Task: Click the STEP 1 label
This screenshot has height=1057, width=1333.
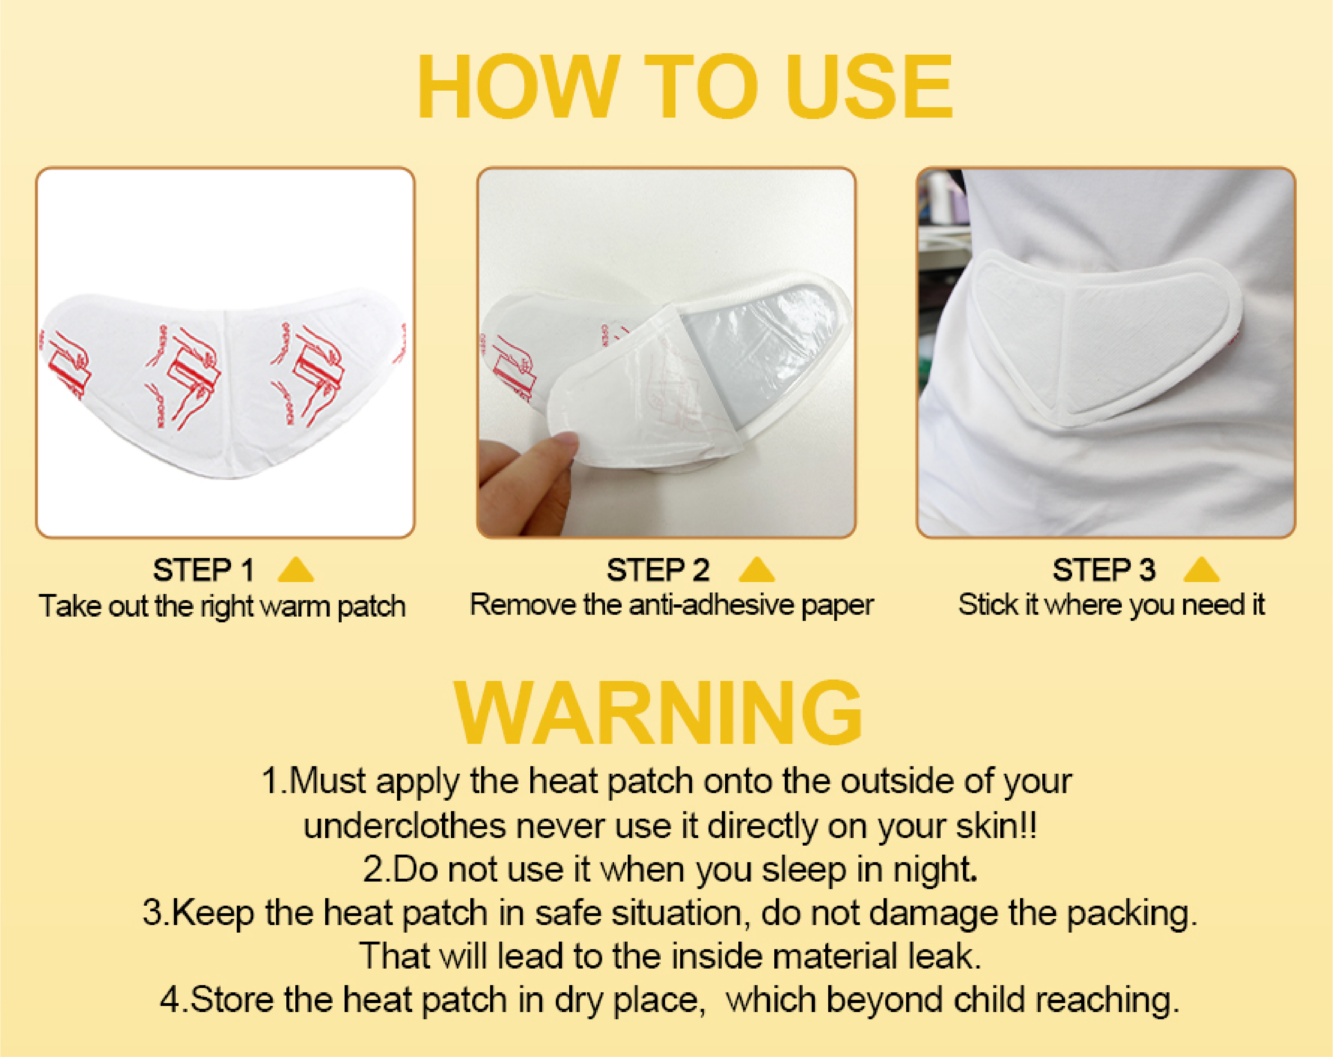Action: coord(203,569)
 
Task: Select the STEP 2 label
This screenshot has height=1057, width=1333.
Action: coord(658,569)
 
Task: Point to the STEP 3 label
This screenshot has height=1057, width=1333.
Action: coord(1104,569)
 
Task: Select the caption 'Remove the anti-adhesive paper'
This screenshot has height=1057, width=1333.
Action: coord(672,605)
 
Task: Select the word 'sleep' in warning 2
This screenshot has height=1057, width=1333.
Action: coord(804,870)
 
